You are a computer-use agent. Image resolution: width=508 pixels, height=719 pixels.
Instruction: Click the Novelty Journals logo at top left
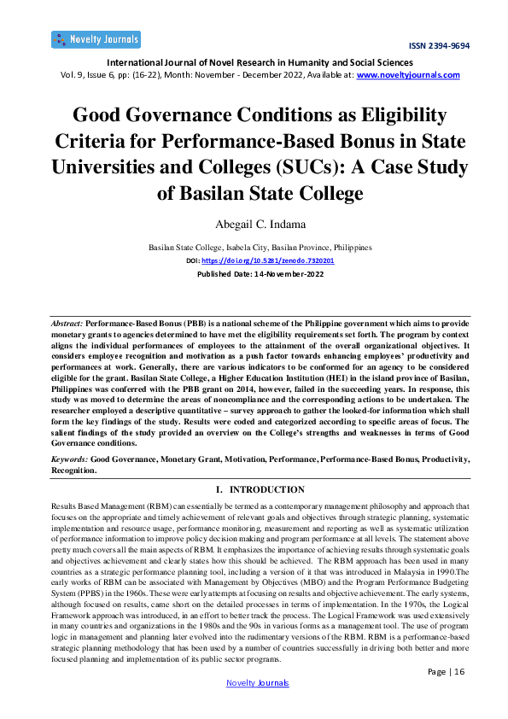pyautogui.click(x=96, y=39)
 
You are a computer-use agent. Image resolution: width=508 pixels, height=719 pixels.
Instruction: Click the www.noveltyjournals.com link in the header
pyautogui.click(x=408, y=75)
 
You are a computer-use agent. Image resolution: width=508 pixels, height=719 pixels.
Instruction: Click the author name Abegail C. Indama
pyautogui.click(x=254, y=225)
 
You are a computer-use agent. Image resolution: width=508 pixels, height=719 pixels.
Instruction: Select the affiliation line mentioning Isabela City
pyautogui.click(x=260, y=247)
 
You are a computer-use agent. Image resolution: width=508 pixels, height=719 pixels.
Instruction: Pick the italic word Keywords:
pyautogui.click(x=69, y=459)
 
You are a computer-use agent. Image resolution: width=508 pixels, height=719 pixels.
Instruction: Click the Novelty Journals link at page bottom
pyautogui.click(x=257, y=707)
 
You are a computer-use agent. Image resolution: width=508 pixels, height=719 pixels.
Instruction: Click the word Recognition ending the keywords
pyautogui.click(x=73, y=470)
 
